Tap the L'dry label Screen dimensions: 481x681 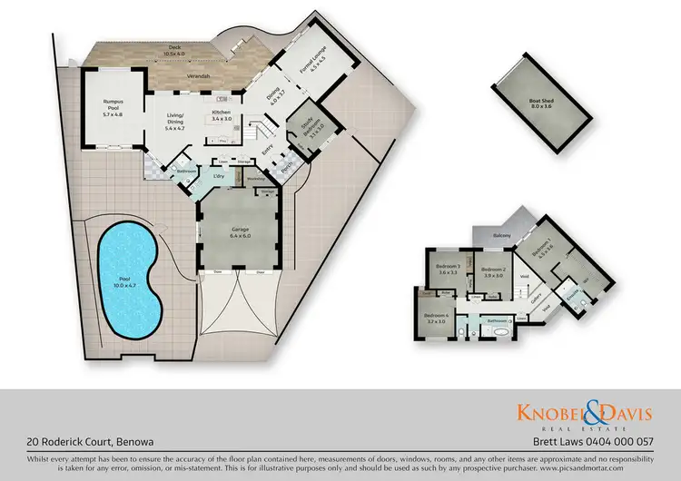point(219,175)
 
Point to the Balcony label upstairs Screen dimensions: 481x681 point(501,234)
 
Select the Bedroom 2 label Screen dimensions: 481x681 point(492,273)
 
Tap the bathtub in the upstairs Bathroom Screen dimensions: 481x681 point(500,333)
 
